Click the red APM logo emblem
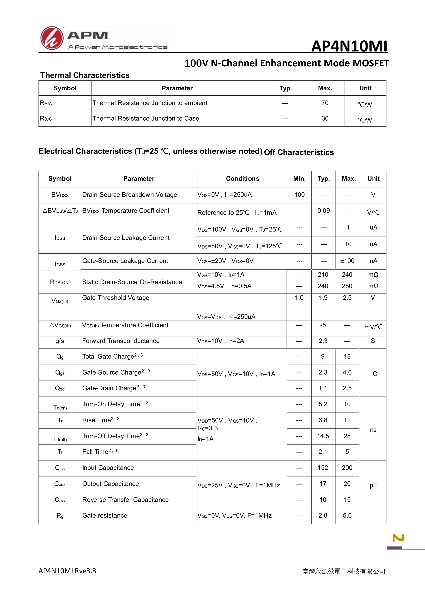click(x=52, y=38)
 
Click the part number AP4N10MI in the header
click(x=349, y=46)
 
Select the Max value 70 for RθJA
click(x=325, y=103)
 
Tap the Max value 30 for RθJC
click(x=325, y=119)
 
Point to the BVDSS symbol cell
click(x=60, y=195)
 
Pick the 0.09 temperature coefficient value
click(x=323, y=211)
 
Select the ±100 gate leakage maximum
click(x=347, y=261)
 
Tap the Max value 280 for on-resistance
click(x=347, y=286)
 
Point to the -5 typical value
click(x=323, y=325)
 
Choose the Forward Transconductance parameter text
click(x=121, y=341)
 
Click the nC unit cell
click(x=373, y=374)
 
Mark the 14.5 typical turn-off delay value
click(x=323, y=436)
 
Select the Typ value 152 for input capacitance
click(x=323, y=468)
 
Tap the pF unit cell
click(x=373, y=486)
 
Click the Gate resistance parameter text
click(x=105, y=516)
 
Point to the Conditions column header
click(x=242, y=179)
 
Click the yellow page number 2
click(x=398, y=538)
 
